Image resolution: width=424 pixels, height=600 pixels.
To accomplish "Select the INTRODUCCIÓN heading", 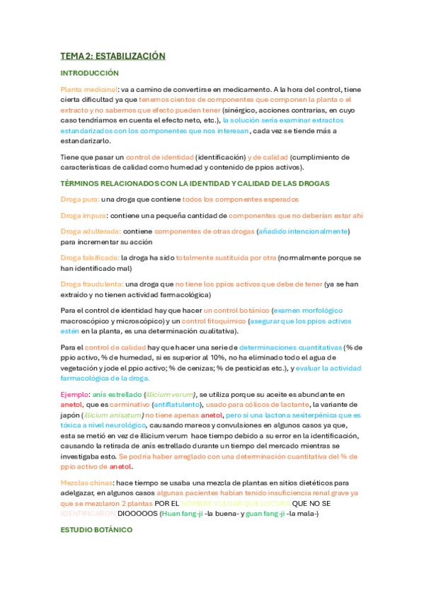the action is [x=89, y=73].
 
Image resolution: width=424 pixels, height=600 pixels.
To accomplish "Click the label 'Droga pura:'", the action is [x=79, y=200].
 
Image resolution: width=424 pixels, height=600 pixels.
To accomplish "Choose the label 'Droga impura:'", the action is [x=84, y=215].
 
